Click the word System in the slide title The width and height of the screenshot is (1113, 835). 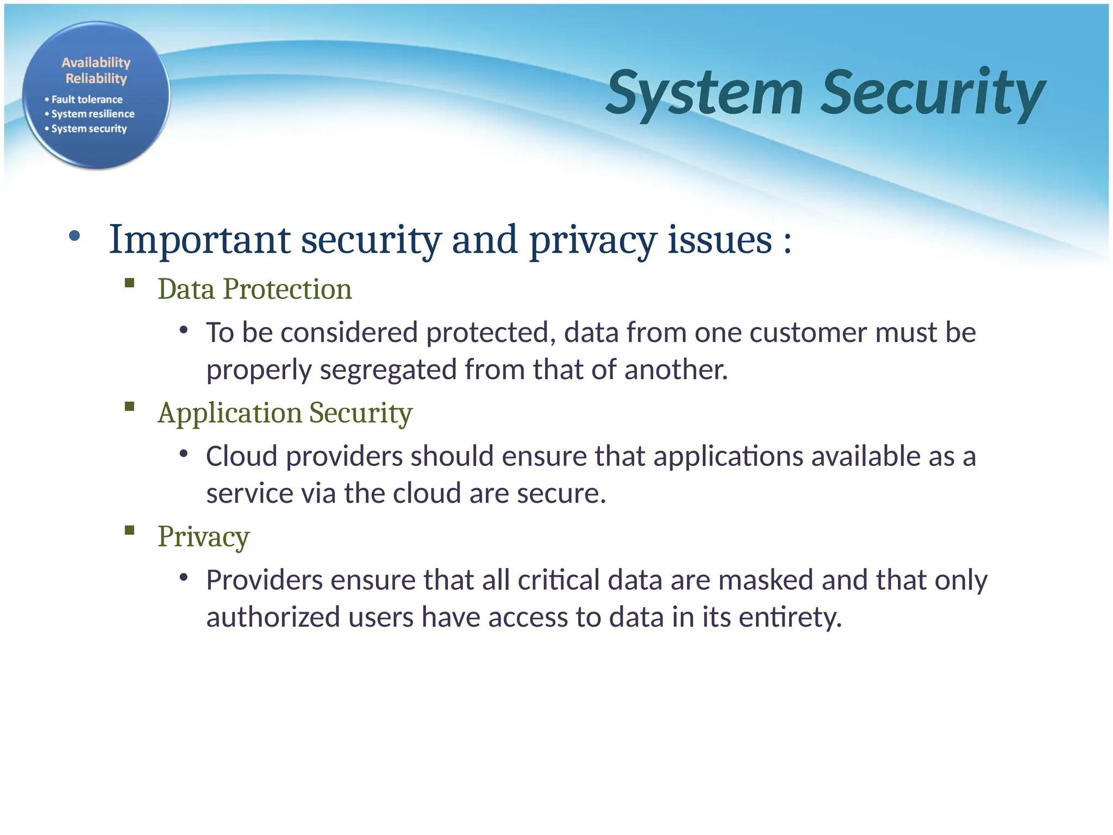point(704,94)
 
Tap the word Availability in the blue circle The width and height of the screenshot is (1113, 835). point(96,63)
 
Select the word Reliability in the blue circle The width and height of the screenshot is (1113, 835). point(96,79)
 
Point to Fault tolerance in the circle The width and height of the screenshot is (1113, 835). point(87,99)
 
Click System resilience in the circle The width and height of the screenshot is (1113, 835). point(93,114)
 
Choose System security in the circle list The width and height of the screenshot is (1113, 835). point(89,129)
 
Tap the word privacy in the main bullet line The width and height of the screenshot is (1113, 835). point(592,240)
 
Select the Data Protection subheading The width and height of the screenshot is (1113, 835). point(254,289)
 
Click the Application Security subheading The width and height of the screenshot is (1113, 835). point(285,413)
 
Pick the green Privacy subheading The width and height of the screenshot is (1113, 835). point(203,537)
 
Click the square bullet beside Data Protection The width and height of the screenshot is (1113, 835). point(129,283)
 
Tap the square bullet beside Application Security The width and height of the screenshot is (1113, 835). point(129,407)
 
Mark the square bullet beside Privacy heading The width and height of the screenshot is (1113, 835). point(129,531)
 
